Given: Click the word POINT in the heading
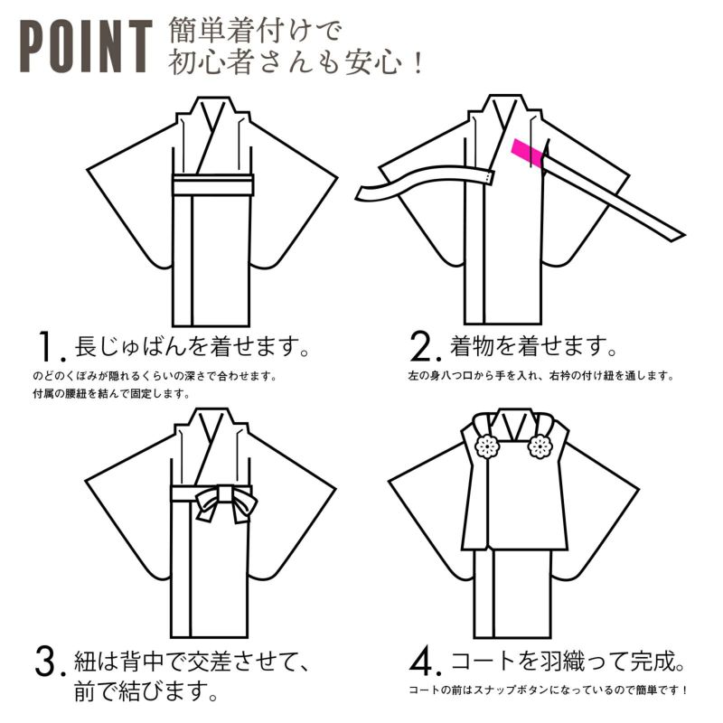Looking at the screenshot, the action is (x=86, y=46).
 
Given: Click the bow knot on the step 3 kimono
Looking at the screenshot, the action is (x=226, y=502).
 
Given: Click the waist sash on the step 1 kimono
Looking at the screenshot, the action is (x=213, y=185).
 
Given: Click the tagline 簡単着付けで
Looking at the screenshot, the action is (x=255, y=30).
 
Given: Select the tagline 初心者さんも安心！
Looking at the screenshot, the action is (x=296, y=61).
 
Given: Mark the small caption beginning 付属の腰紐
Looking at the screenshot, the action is (x=111, y=394).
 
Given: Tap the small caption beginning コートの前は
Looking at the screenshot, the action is (x=548, y=690).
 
